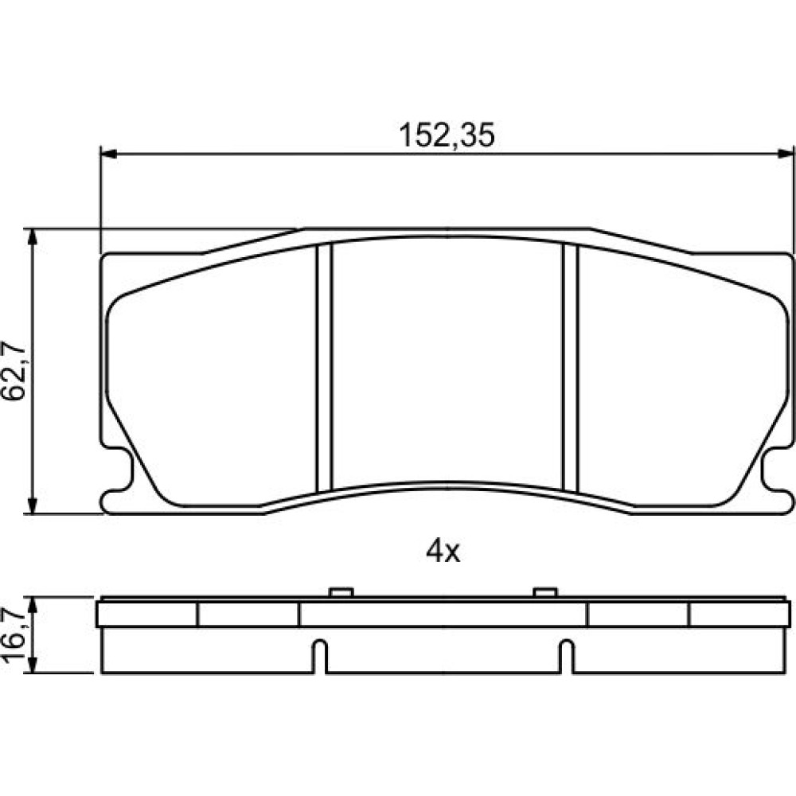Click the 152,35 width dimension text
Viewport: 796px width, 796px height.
point(447,135)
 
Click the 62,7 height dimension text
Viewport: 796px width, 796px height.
point(14,371)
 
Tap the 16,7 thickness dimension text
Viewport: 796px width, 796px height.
point(14,634)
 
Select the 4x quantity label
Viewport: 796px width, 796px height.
point(443,552)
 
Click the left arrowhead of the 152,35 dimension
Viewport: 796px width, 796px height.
point(108,154)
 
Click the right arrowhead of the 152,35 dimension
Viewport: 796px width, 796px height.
point(786,154)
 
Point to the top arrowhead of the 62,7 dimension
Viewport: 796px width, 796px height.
point(33,237)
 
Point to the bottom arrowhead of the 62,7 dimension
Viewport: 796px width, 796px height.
point(33,505)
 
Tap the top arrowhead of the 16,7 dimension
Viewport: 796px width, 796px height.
point(33,606)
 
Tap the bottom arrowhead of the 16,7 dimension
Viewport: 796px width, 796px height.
point(33,665)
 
